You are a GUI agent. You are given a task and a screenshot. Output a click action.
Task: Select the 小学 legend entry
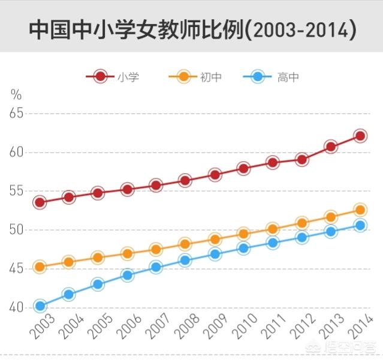click(114, 77)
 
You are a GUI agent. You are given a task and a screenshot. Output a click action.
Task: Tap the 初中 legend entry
click(195, 77)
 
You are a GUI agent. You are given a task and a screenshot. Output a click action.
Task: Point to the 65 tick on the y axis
click(16, 113)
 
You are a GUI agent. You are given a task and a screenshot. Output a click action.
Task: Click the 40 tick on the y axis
click(16, 308)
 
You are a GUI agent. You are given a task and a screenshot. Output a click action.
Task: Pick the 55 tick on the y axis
click(16, 191)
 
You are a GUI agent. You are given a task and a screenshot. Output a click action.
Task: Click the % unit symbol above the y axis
click(16, 94)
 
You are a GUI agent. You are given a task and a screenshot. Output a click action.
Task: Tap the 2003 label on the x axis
click(41, 328)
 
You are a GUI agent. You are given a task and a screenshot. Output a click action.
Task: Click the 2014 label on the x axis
click(361, 328)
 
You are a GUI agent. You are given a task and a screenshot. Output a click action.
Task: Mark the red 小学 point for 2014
click(360, 136)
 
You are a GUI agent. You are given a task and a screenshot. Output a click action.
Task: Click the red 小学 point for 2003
click(40, 202)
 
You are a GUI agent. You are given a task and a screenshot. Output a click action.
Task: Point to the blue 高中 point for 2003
click(40, 306)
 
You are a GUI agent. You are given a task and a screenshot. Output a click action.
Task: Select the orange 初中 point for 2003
click(40, 267)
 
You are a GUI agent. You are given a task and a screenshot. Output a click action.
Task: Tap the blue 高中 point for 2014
click(360, 225)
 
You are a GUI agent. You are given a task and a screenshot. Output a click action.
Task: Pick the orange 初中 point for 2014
click(360, 210)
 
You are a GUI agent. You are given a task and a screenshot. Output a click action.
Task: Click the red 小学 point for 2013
click(331, 147)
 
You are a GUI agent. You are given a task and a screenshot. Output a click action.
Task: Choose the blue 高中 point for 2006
click(127, 276)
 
